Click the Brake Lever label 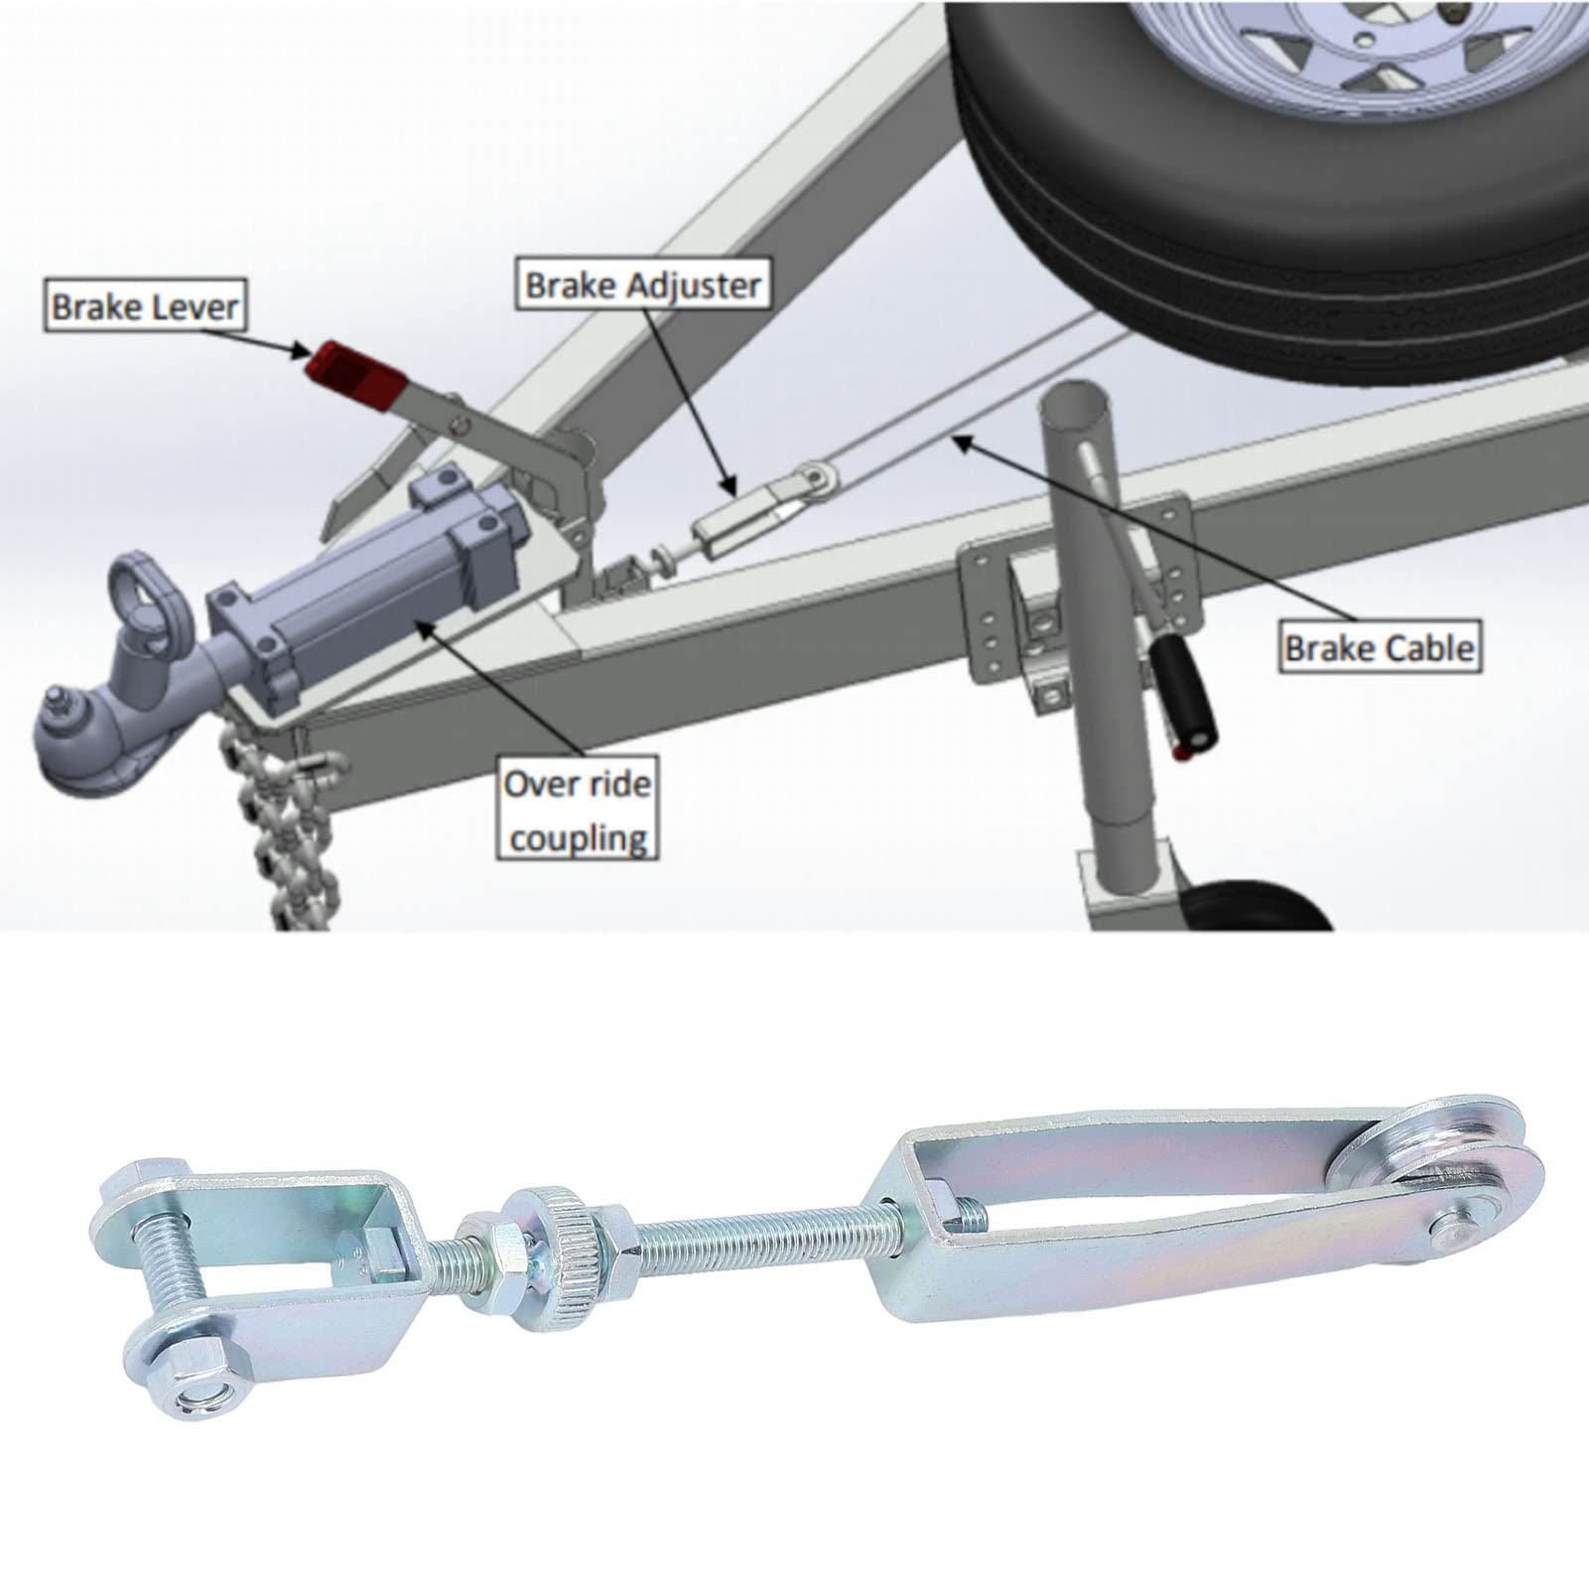[x=145, y=306]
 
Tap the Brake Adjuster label [x=643, y=286]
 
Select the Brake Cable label [x=1380, y=648]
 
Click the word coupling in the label [x=578, y=837]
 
